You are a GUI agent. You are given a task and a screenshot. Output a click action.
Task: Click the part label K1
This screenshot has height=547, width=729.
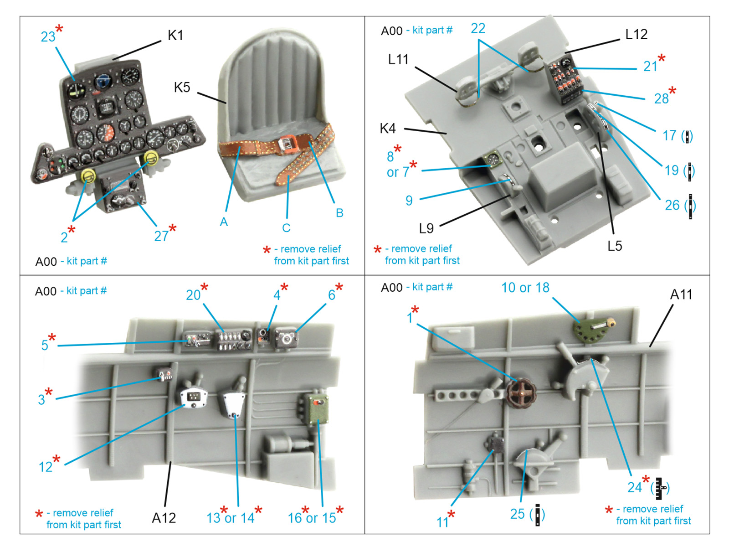coord(175,35)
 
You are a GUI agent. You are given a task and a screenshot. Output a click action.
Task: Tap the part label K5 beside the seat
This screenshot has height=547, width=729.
coord(182,87)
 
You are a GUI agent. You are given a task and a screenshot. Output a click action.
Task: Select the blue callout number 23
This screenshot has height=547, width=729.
coord(48,36)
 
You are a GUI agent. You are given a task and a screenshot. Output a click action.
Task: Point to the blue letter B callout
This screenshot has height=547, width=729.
coord(339,213)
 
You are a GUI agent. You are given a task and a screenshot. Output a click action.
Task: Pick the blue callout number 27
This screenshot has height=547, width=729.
coord(161,236)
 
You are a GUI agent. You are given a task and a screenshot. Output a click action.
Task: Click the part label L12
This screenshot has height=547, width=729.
coord(636,34)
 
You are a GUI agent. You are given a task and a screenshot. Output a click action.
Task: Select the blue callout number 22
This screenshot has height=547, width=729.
coord(478,29)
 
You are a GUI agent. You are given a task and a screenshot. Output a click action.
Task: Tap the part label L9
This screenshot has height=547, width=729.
coord(426,228)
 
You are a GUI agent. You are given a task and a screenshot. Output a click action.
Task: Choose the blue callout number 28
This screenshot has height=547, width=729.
coord(661,98)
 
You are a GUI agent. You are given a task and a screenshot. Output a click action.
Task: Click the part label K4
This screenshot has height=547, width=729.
coord(388,129)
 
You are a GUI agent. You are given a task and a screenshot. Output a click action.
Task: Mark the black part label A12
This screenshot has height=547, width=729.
coord(164,518)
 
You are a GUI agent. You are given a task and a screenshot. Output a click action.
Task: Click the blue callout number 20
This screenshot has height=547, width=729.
coord(193,295)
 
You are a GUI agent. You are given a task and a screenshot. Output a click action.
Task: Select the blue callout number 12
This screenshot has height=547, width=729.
coord(46,467)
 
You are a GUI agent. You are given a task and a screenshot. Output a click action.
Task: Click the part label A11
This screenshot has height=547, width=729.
coord(681,294)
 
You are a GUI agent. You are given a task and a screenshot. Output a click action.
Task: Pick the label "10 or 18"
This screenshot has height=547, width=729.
coord(525,288)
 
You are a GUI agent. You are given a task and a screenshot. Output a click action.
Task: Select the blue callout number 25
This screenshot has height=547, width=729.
coord(517,514)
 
